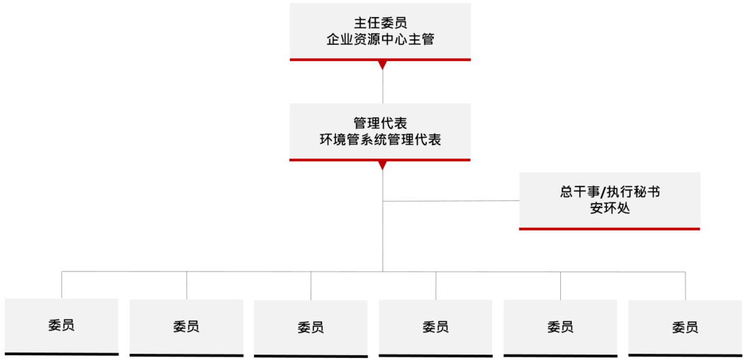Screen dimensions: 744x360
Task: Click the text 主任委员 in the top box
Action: click(380, 23)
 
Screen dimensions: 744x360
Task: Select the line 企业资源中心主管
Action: click(380, 40)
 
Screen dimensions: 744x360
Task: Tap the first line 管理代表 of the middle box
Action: click(380, 123)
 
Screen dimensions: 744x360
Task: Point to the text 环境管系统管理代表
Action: click(380, 140)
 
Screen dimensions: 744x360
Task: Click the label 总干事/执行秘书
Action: click(610, 192)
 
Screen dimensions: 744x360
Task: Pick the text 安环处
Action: click(610, 208)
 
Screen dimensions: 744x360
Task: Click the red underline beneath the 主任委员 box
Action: click(380, 60)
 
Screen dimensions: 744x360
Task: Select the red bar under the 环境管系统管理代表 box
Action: click(380, 160)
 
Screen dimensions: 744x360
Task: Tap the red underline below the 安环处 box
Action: click(610, 229)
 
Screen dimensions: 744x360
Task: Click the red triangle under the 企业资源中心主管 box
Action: click(383, 65)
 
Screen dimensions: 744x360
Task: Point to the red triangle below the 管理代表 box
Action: click(383, 165)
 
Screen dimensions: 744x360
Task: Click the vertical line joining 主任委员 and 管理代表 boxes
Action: click(383, 86)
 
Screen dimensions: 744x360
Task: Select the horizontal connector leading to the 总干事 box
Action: click(451, 201)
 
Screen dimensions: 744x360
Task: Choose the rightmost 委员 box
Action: click(685, 327)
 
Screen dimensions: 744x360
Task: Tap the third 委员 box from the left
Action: click(311, 327)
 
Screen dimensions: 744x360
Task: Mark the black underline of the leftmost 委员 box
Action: click(61, 354)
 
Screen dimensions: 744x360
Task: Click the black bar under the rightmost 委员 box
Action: click(685, 355)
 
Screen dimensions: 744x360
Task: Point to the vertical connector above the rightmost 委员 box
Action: click(685, 286)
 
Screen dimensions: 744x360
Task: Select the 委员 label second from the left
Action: click(186, 327)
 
